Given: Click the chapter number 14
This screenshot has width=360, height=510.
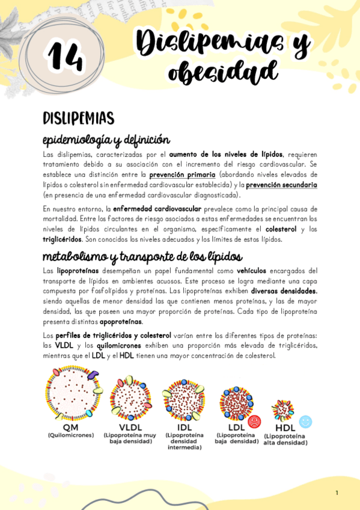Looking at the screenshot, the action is [66, 57].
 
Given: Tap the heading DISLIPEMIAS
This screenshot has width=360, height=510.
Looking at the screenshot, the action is [78, 118].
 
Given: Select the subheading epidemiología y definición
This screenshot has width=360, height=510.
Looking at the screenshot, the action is [106, 140].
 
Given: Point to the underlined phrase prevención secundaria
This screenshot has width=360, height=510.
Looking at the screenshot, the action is [281, 185].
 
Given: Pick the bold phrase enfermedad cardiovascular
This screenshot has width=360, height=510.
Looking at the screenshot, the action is [157, 209].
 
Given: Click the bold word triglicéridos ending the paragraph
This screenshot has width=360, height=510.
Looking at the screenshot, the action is [62, 239].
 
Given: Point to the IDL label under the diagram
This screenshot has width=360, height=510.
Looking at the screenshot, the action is [184, 427].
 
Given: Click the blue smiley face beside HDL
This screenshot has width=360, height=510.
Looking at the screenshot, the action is [305, 422].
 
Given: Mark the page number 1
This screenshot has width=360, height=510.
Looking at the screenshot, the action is [337, 493].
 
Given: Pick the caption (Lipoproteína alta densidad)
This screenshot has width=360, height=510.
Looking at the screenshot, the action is [285, 440].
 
